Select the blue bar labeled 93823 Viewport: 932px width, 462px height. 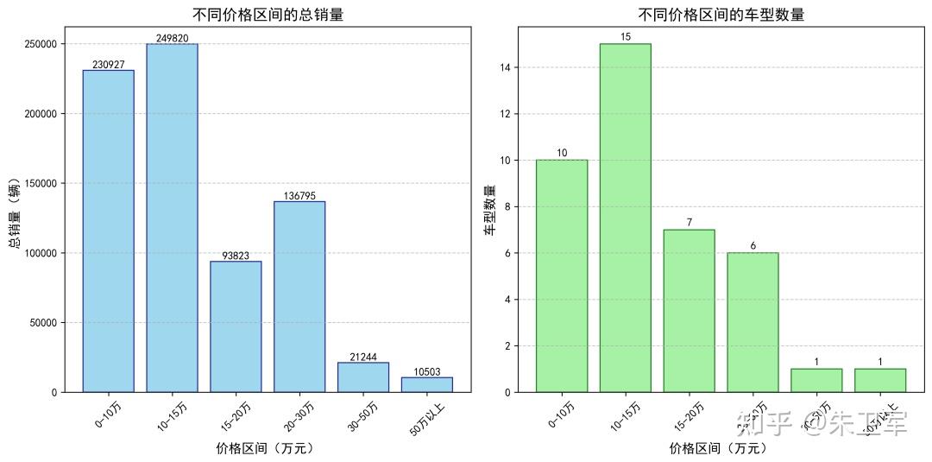[236, 326]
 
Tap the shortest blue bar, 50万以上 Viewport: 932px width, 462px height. [426, 384]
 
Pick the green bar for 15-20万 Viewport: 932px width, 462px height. [689, 311]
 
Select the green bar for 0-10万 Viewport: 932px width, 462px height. [561, 275]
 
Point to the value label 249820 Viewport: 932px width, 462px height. [172, 38]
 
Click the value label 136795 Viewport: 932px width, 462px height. [299, 196]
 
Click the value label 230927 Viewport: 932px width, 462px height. [108, 65]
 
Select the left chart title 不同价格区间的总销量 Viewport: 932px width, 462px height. [268, 14]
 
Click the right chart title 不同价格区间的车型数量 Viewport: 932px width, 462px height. [721, 14]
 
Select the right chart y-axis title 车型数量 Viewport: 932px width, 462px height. [489, 210]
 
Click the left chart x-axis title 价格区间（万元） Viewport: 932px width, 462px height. [266, 448]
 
